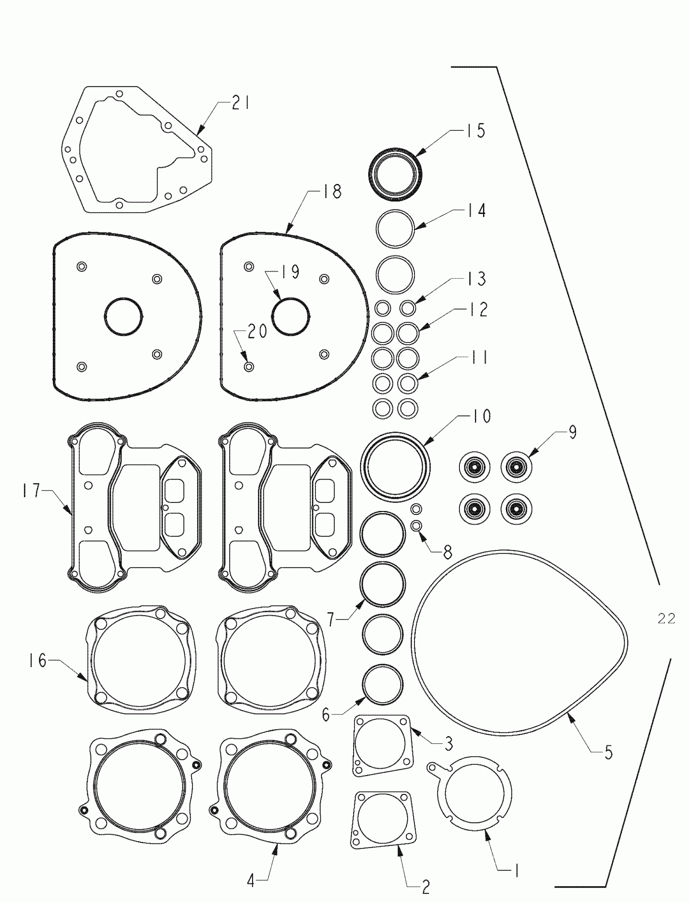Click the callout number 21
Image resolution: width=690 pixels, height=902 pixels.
click(x=240, y=103)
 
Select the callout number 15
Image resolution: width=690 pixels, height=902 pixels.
click(x=475, y=131)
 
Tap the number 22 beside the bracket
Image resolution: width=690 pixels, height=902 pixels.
click(x=666, y=618)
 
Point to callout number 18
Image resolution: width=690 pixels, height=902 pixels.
click(x=332, y=191)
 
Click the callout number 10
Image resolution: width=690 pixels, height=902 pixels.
click(x=481, y=416)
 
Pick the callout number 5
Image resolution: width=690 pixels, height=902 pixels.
click(x=608, y=752)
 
